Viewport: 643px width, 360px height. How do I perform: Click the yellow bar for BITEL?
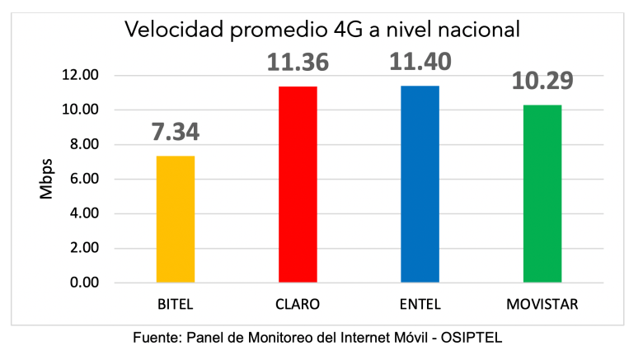(x=175, y=219)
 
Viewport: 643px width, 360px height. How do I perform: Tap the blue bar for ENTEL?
(x=420, y=185)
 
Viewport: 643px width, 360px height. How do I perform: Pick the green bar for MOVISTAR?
(x=542, y=194)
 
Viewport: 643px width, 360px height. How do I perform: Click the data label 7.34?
(x=175, y=132)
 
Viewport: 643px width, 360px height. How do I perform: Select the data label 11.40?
(x=420, y=63)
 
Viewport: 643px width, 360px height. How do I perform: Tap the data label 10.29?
(x=542, y=82)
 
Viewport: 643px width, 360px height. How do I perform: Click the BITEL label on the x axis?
(x=175, y=304)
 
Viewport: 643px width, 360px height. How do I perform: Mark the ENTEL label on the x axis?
(x=420, y=304)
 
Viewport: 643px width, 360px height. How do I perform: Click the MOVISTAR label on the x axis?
(x=542, y=304)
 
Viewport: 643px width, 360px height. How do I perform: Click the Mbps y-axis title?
(x=47, y=180)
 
